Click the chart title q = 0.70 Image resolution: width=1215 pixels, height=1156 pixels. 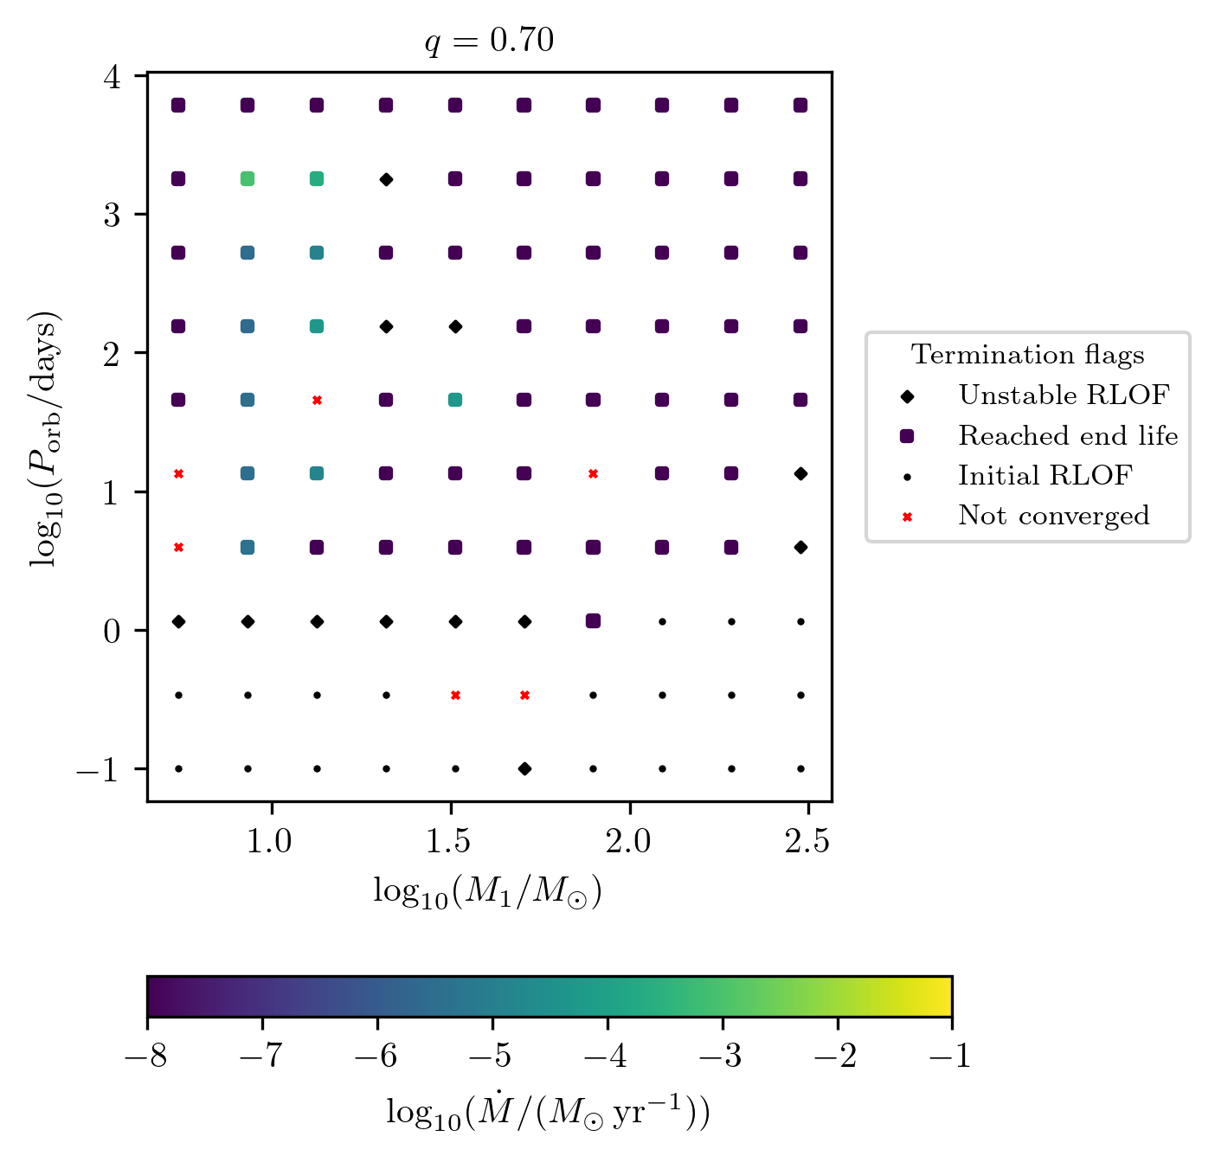click(x=489, y=42)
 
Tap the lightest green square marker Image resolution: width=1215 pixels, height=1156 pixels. click(x=247, y=179)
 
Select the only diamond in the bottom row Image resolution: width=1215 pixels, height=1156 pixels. click(x=524, y=768)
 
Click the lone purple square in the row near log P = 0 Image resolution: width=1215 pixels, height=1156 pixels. click(x=593, y=621)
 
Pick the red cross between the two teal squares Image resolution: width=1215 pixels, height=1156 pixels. click(x=317, y=400)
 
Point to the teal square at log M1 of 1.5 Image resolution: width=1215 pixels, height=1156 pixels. click(x=455, y=400)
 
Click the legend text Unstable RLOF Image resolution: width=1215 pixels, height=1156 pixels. click(x=1064, y=395)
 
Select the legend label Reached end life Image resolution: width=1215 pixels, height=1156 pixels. click(x=1067, y=435)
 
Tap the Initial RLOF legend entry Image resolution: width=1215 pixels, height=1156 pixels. click(x=1045, y=475)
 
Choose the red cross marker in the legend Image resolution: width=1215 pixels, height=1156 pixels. click(x=907, y=517)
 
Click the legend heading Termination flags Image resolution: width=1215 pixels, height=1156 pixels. click(x=1027, y=355)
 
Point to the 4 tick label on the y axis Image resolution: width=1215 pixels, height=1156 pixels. click(x=112, y=76)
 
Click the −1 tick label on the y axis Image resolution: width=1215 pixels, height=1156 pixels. click(x=97, y=769)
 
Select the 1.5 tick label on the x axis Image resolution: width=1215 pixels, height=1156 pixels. click(x=450, y=840)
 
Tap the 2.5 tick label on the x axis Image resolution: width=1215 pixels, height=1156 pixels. click(x=807, y=840)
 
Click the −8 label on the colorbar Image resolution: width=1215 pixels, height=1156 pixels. click(x=147, y=1056)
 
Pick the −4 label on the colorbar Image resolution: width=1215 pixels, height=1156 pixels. click(x=607, y=1056)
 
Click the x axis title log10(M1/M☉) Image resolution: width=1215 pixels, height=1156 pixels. click(x=487, y=891)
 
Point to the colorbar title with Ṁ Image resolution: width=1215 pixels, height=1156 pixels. click(x=548, y=1112)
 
